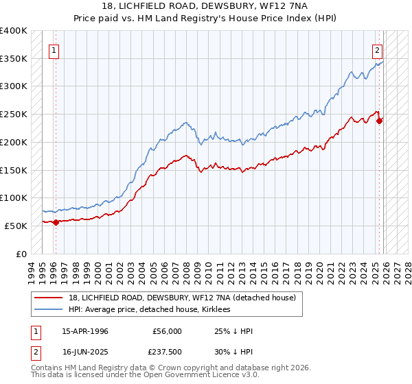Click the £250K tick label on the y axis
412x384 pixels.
pyautogui.click(x=14, y=114)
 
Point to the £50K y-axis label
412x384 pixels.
pyautogui.click(x=16, y=226)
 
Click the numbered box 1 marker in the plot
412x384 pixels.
pyautogui.click(x=54, y=49)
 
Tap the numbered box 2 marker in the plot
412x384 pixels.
pyautogui.click(x=377, y=49)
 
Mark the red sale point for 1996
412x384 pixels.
pyautogui.click(x=56, y=221)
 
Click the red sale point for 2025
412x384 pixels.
pyautogui.click(x=380, y=121)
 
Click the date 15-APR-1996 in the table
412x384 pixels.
pyautogui.click(x=84, y=331)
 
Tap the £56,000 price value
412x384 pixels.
pyautogui.click(x=168, y=331)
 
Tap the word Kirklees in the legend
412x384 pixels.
pyautogui.click(x=220, y=309)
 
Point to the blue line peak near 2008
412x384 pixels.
pyautogui.click(x=185, y=123)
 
